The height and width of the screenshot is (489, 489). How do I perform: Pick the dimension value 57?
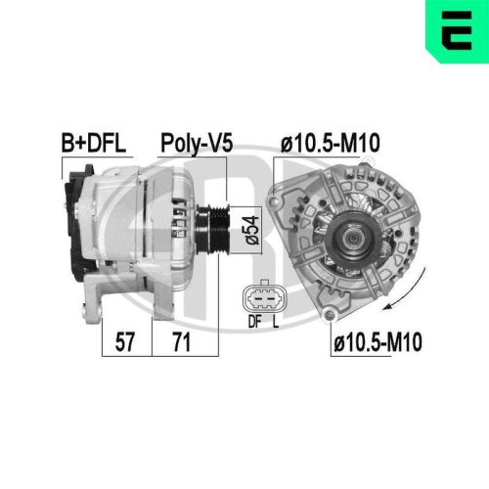tap(126, 342)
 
